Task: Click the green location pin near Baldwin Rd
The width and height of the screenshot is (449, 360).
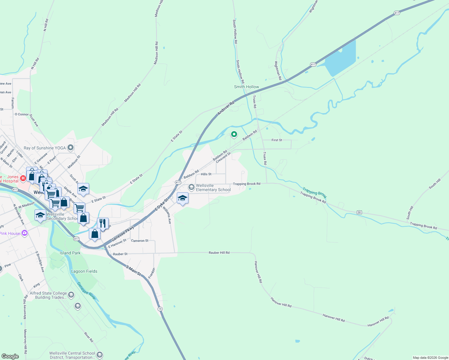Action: tap(234, 134)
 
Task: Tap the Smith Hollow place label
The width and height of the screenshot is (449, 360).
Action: tap(246, 87)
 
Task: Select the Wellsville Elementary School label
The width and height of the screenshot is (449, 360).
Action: tap(213, 188)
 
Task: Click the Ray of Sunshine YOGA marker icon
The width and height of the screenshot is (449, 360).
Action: tap(71, 148)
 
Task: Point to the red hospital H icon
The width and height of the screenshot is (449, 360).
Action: tap(23, 178)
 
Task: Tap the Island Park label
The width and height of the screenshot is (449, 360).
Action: tap(70, 253)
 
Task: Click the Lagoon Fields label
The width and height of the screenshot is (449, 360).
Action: tap(84, 271)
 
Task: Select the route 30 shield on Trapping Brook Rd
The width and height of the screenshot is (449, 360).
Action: tap(359, 212)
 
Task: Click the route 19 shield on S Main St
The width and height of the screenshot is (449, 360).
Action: tap(160, 309)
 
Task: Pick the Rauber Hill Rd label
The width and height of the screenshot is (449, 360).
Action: tap(219, 253)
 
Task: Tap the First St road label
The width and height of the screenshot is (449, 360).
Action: tap(277, 140)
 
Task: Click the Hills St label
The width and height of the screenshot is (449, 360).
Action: tap(206, 174)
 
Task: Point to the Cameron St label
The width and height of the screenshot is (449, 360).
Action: tap(140, 241)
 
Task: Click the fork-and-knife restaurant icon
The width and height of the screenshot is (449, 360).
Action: tap(103, 223)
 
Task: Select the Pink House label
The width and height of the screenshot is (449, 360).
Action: tap(10, 233)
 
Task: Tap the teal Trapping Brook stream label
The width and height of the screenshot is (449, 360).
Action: tap(314, 193)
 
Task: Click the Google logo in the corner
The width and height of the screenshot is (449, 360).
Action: tap(10, 356)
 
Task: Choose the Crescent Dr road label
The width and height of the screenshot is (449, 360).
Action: tap(223, 157)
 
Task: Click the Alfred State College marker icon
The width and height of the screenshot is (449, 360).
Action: tap(71, 295)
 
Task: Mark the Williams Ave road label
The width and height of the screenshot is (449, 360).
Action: tap(167, 215)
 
